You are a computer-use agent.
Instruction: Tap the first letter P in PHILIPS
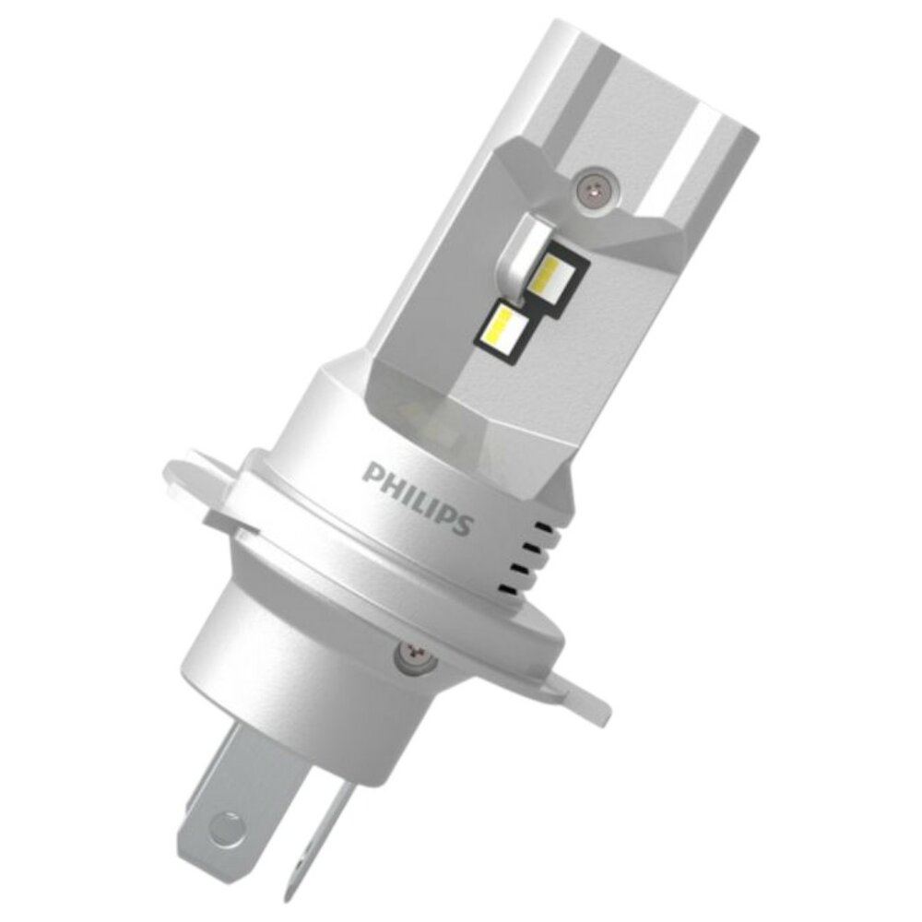click(372, 472)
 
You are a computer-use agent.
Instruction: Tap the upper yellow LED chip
click(550, 275)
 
